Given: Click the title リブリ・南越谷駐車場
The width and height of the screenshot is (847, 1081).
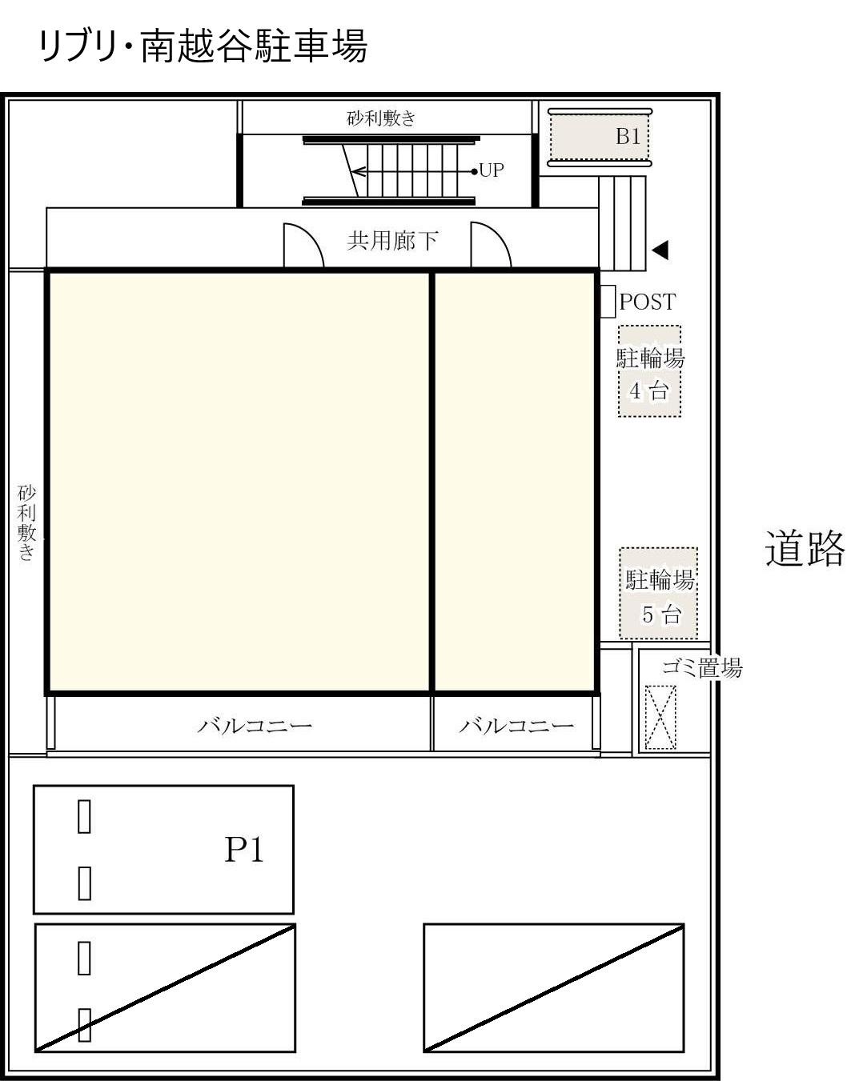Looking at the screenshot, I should tap(203, 46).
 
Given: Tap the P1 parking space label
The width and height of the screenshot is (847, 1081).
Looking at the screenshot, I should tap(243, 850).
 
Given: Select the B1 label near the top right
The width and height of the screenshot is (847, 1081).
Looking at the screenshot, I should tap(628, 137).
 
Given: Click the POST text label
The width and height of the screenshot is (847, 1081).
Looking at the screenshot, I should tap(648, 302).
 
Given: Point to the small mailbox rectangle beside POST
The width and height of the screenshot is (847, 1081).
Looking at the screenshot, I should tap(608, 302).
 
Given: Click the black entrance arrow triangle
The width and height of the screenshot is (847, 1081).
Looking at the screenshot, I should tap(660, 250).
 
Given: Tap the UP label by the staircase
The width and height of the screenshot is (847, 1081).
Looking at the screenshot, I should tap(491, 170).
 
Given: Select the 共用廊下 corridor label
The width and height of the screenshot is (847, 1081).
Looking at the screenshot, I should tap(392, 240).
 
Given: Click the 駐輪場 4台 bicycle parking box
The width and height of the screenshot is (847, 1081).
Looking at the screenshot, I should tap(649, 371).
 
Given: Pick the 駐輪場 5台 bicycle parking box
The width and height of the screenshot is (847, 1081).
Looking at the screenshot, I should tap(659, 594).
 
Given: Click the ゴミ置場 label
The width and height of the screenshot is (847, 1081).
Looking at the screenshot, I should tap(701, 667).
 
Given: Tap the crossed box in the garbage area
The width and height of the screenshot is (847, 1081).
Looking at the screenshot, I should tap(660, 717).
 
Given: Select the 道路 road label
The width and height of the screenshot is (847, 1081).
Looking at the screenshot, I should tap(804, 549).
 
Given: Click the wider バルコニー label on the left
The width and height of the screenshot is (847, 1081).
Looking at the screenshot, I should tap(255, 726).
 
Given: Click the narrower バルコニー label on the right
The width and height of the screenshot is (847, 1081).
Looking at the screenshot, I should tap(516, 726).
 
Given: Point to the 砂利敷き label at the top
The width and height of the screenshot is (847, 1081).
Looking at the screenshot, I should tap(381, 118).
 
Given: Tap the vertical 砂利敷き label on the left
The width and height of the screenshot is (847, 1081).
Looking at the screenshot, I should tap(27, 522).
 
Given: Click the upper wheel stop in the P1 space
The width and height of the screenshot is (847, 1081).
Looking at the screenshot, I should tap(84, 816).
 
